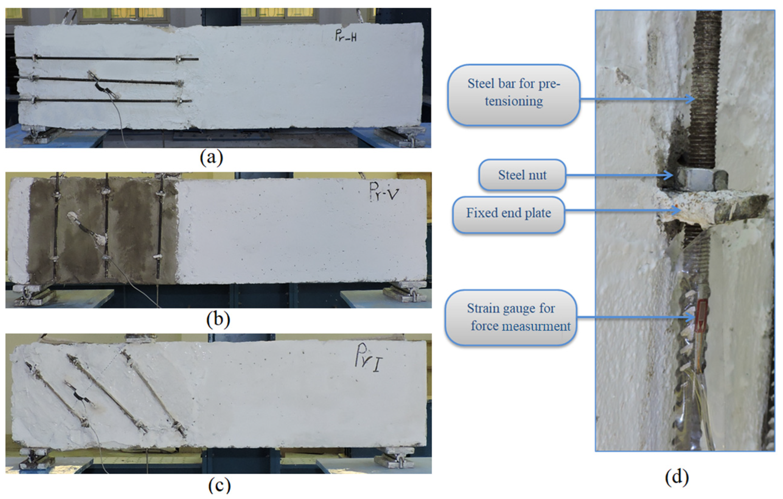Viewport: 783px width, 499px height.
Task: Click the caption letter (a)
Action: (x=211, y=158)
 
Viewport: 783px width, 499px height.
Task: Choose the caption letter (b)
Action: (x=218, y=319)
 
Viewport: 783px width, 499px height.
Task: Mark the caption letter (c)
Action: (x=219, y=486)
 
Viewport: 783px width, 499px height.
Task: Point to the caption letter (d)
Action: (x=677, y=477)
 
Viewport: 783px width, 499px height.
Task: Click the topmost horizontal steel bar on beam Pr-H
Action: (x=107, y=58)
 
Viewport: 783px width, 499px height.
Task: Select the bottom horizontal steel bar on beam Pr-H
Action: (x=107, y=100)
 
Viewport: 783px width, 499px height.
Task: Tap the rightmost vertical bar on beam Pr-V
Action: (x=159, y=228)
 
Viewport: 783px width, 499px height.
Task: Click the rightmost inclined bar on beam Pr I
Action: (x=153, y=393)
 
